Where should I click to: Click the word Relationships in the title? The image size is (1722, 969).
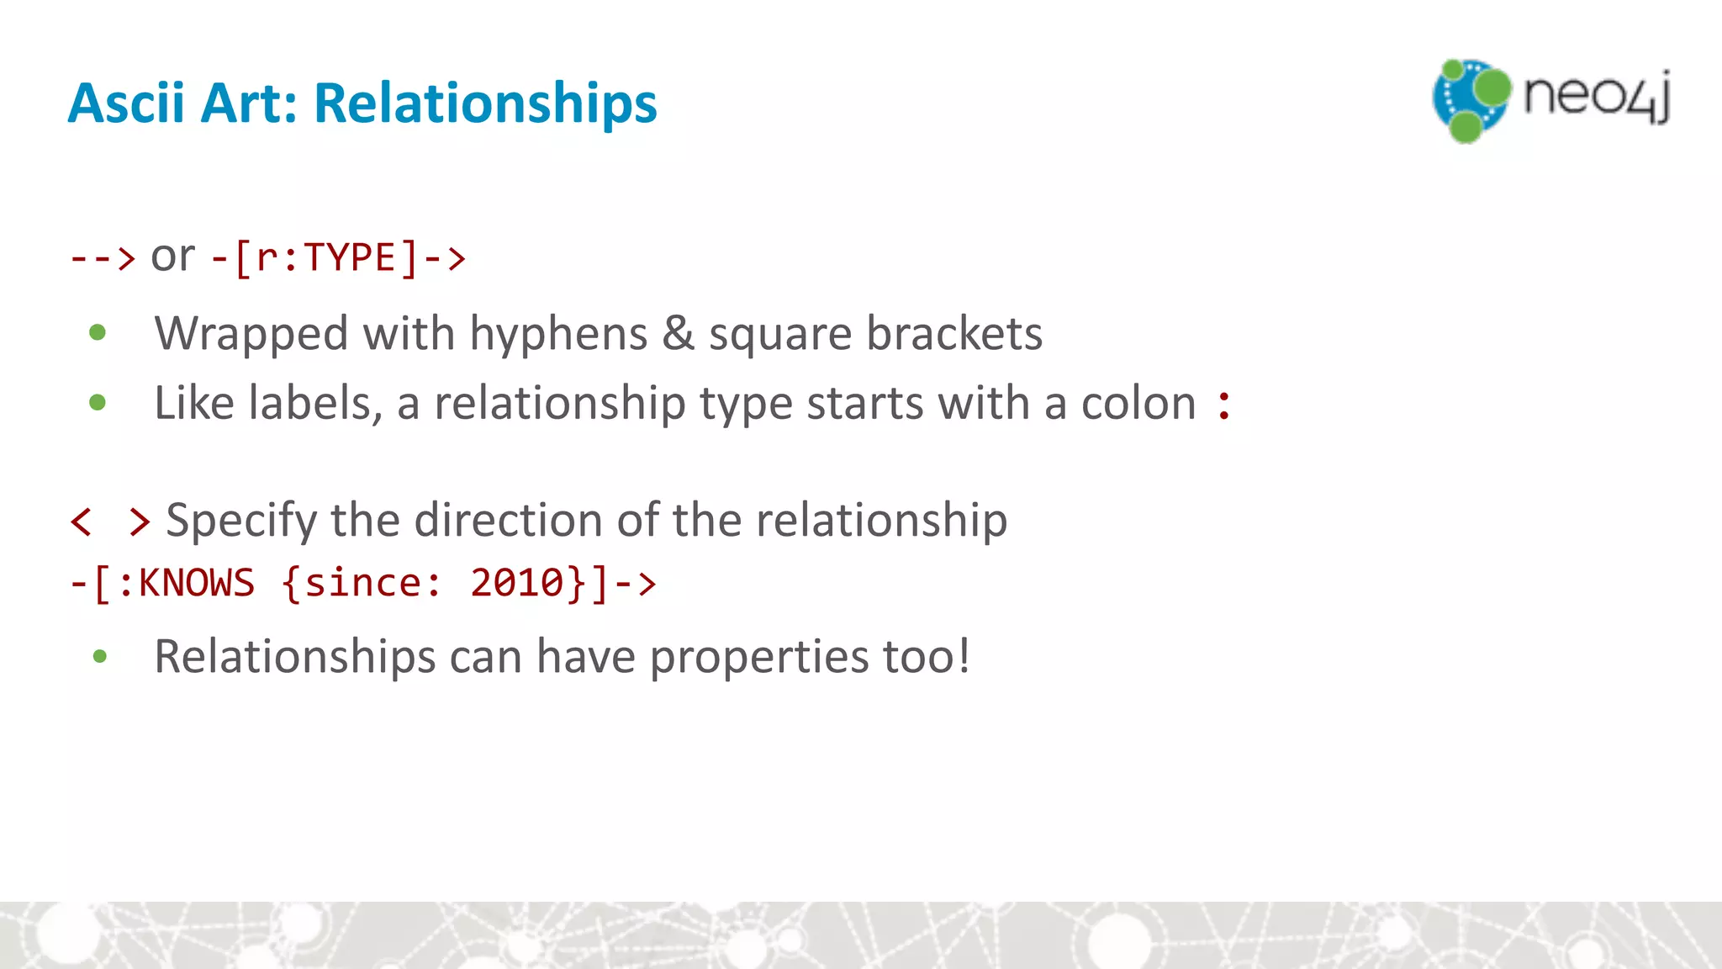tap(485, 103)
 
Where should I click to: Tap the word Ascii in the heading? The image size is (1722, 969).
tap(126, 103)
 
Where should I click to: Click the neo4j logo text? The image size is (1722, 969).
tap(1596, 97)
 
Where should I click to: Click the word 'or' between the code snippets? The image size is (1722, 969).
tap(172, 256)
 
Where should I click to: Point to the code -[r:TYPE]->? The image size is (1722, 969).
tap(338, 257)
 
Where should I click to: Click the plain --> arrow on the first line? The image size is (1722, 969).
tap(102, 257)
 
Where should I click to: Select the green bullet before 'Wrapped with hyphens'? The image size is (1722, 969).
tap(98, 333)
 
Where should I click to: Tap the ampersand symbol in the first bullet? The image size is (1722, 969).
tap(678, 333)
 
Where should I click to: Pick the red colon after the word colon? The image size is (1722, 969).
tap(1224, 405)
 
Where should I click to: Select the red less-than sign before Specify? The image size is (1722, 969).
tap(82, 522)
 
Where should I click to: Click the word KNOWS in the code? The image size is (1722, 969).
tap(196, 583)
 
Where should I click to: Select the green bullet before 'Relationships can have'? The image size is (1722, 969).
tap(100, 656)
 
